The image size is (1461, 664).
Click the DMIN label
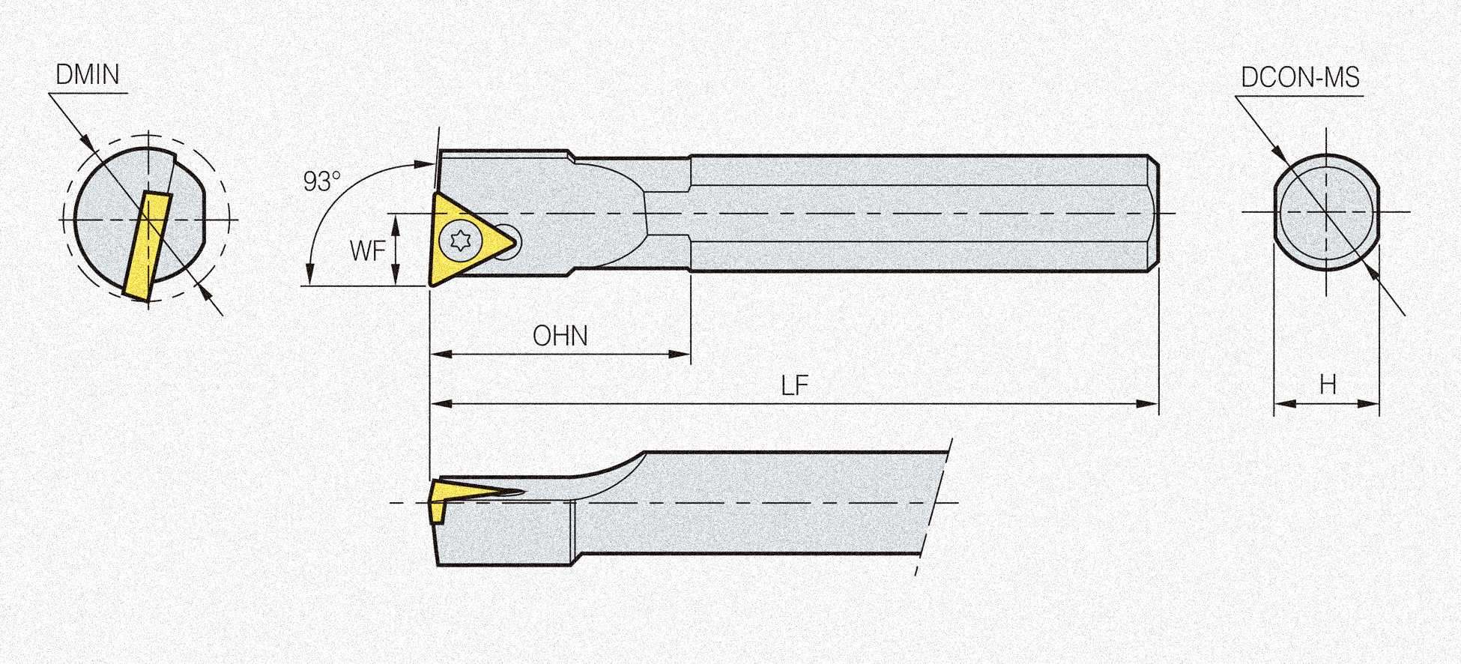(88, 75)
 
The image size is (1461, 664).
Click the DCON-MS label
(1300, 77)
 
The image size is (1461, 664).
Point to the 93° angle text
(321, 181)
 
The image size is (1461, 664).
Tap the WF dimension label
(367, 251)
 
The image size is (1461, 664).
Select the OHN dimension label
(560, 336)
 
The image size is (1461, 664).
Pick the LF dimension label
(794, 386)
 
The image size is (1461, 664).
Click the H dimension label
(1328, 385)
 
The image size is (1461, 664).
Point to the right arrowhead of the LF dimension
(1149, 404)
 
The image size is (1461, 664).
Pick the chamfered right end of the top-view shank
(1155, 214)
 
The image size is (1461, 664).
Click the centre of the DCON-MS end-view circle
(1327, 212)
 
